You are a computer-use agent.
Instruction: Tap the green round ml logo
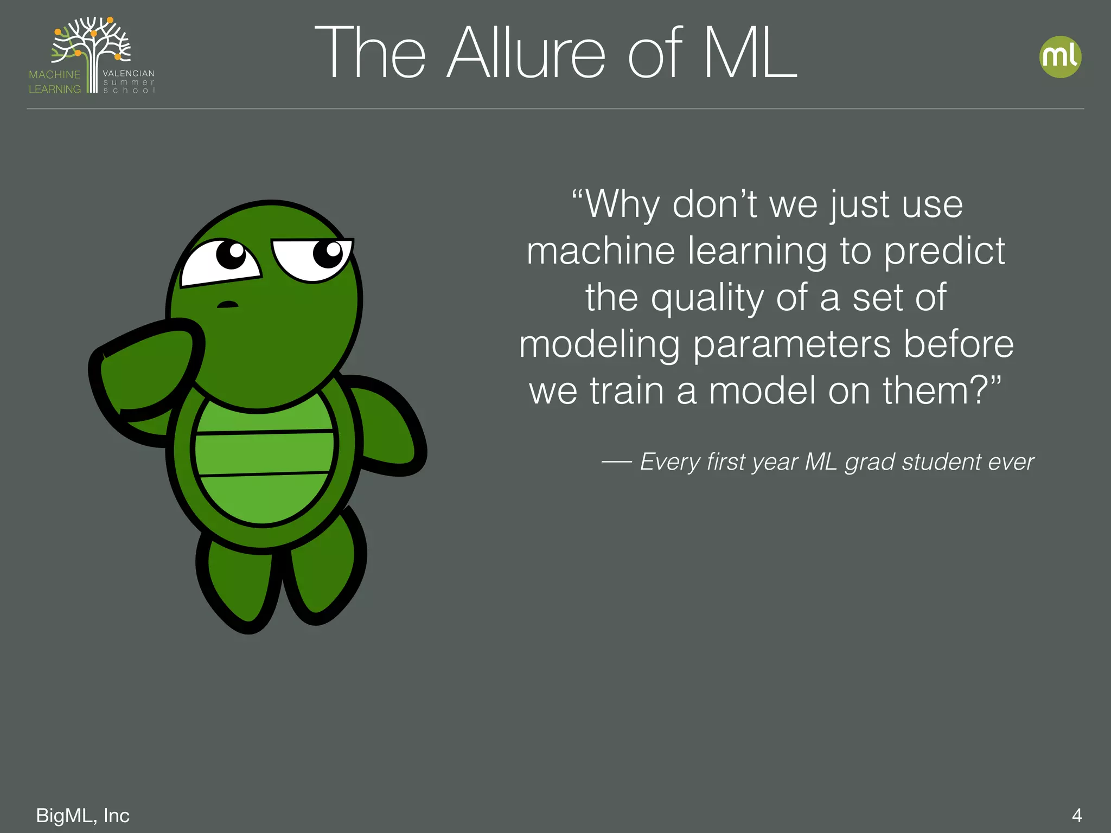click(x=1060, y=57)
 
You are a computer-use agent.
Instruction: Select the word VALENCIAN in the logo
click(x=129, y=73)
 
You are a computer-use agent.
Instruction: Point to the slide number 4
click(x=1077, y=815)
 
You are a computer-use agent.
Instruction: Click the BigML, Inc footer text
click(x=82, y=815)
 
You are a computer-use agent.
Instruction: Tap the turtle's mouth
click(x=227, y=304)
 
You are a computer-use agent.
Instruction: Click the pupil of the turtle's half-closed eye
click(x=328, y=253)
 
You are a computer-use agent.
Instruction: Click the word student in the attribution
click(x=941, y=462)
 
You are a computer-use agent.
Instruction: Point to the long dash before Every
click(x=616, y=462)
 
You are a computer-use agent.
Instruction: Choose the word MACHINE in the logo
click(x=54, y=74)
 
